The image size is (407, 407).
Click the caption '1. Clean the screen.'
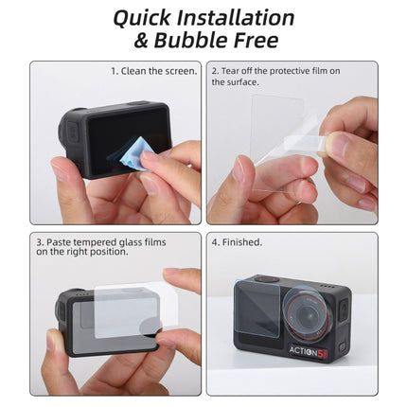[153, 71]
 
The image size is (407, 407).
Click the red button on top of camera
[268, 279]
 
